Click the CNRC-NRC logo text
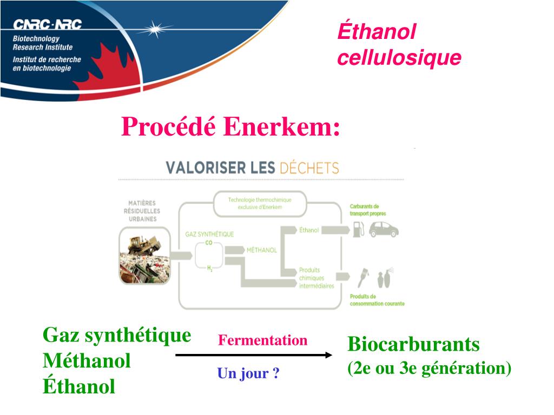pos(47,24)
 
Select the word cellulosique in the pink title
pos(399,58)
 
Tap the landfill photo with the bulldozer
pos(144,256)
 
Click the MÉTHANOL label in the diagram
pos(262,250)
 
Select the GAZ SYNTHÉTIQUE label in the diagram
pos(210,234)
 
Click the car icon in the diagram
pos(384,230)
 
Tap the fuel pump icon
pos(357,230)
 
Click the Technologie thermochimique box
pos(260,203)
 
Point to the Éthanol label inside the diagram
pos(309,230)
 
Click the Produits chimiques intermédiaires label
pos(316,278)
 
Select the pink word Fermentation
pos(262,340)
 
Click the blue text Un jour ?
pos(248,373)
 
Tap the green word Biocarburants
pos(414,344)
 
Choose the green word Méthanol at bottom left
pos(87,361)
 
